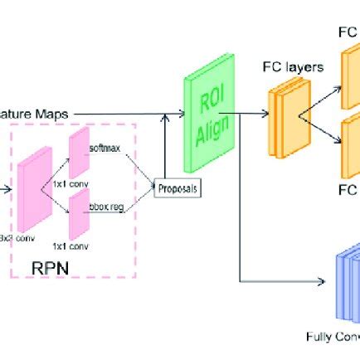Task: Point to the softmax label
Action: click(x=105, y=148)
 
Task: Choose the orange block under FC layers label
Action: click(x=280, y=112)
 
